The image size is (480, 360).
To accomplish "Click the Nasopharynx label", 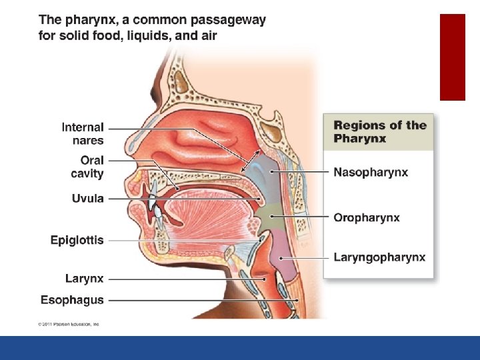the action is coord(371,173).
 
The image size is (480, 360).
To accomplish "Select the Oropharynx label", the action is coord(367,218).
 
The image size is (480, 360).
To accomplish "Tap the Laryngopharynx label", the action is coord(379,258).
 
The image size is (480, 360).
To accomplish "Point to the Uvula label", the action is coord(88,199).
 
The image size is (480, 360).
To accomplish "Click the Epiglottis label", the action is coord(77,240).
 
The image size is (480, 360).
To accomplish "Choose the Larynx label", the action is coord(85,279).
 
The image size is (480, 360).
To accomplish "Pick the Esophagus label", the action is coord(73,300).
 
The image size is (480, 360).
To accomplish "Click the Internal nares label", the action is coord(83,133).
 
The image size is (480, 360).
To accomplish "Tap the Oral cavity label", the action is coord(87,167).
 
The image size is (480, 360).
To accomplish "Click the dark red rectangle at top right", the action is coord(452,57).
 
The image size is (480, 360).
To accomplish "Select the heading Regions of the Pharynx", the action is coord(379,131).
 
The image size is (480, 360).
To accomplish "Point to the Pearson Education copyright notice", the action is coord(69,324).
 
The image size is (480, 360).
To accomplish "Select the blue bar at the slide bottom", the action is coord(240,347).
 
